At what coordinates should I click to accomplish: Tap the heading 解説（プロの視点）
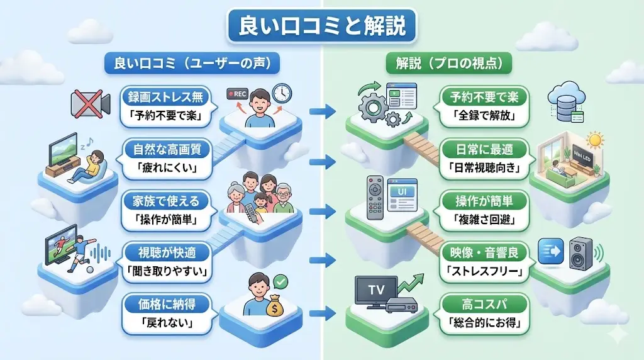tap(448, 64)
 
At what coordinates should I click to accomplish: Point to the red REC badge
tap(238, 95)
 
